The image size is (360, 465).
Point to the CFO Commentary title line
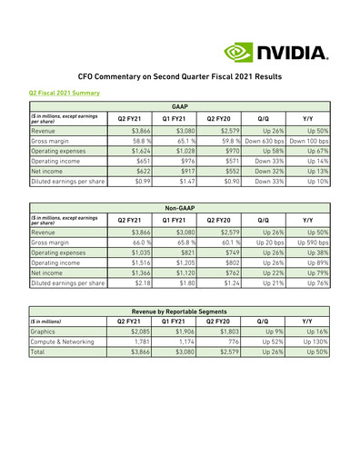180,79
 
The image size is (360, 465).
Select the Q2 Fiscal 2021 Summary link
64,93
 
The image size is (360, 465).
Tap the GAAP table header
179,107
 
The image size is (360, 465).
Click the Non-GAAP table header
179,208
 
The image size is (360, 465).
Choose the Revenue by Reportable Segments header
179,312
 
